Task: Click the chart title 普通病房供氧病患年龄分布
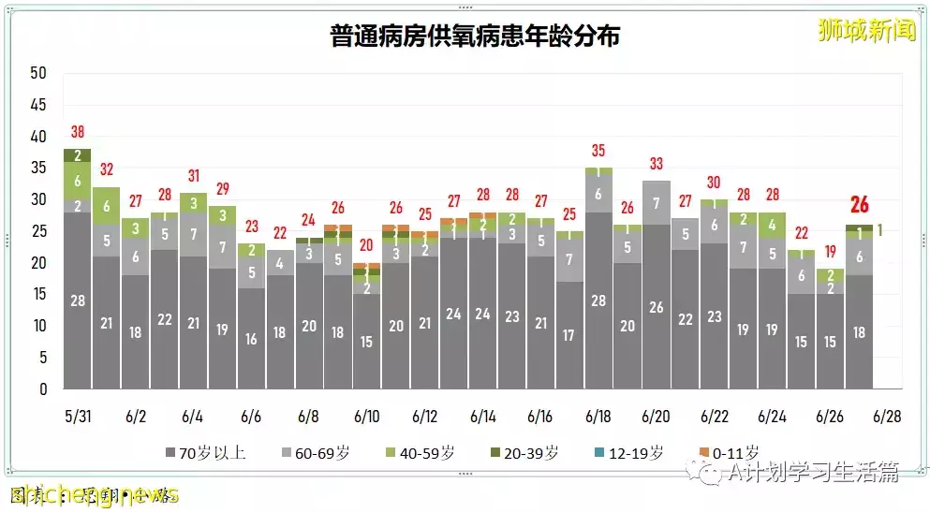[475, 37]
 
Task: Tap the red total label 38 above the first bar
[77, 132]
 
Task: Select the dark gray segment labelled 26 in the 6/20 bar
[657, 307]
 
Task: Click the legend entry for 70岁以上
[205, 453]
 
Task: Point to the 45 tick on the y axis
[38, 105]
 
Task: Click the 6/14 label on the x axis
[483, 415]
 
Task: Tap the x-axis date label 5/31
[77, 415]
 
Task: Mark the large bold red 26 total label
[860, 205]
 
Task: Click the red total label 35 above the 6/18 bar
[598, 151]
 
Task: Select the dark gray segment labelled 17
[570, 335]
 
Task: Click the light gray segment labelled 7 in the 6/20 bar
[657, 203]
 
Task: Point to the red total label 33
[657, 164]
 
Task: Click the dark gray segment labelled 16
[251, 339]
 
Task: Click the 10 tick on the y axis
[38, 326]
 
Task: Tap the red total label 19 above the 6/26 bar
[831, 252]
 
